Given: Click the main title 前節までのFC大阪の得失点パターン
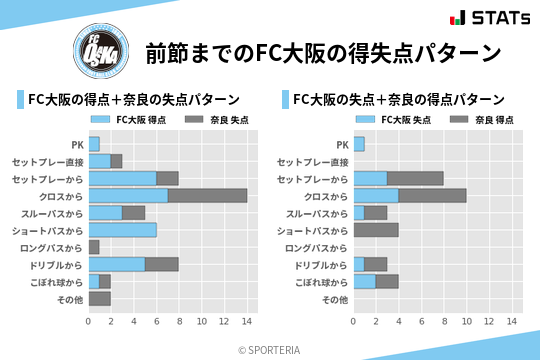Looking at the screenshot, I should [x=322, y=52].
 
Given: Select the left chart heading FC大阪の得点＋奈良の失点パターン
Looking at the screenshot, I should [x=133, y=99].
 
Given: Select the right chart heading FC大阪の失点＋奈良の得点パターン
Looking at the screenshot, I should [x=398, y=99].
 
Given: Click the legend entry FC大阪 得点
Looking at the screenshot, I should [x=129, y=119].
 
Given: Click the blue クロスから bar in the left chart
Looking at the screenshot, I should [x=128, y=195].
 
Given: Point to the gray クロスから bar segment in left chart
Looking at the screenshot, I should [x=207, y=195].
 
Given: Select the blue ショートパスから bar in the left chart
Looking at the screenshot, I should [x=122, y=230].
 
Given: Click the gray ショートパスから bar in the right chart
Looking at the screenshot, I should [x=376, y=230].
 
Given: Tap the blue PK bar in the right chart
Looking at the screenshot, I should [x=359, y=144].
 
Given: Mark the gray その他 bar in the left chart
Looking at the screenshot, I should [x=99, y=298].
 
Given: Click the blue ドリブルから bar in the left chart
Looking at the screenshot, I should [x=117, y=264].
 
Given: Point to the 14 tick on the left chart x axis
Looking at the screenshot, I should [x=247, y=321].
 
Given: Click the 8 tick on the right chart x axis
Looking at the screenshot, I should [x=445, y=321].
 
